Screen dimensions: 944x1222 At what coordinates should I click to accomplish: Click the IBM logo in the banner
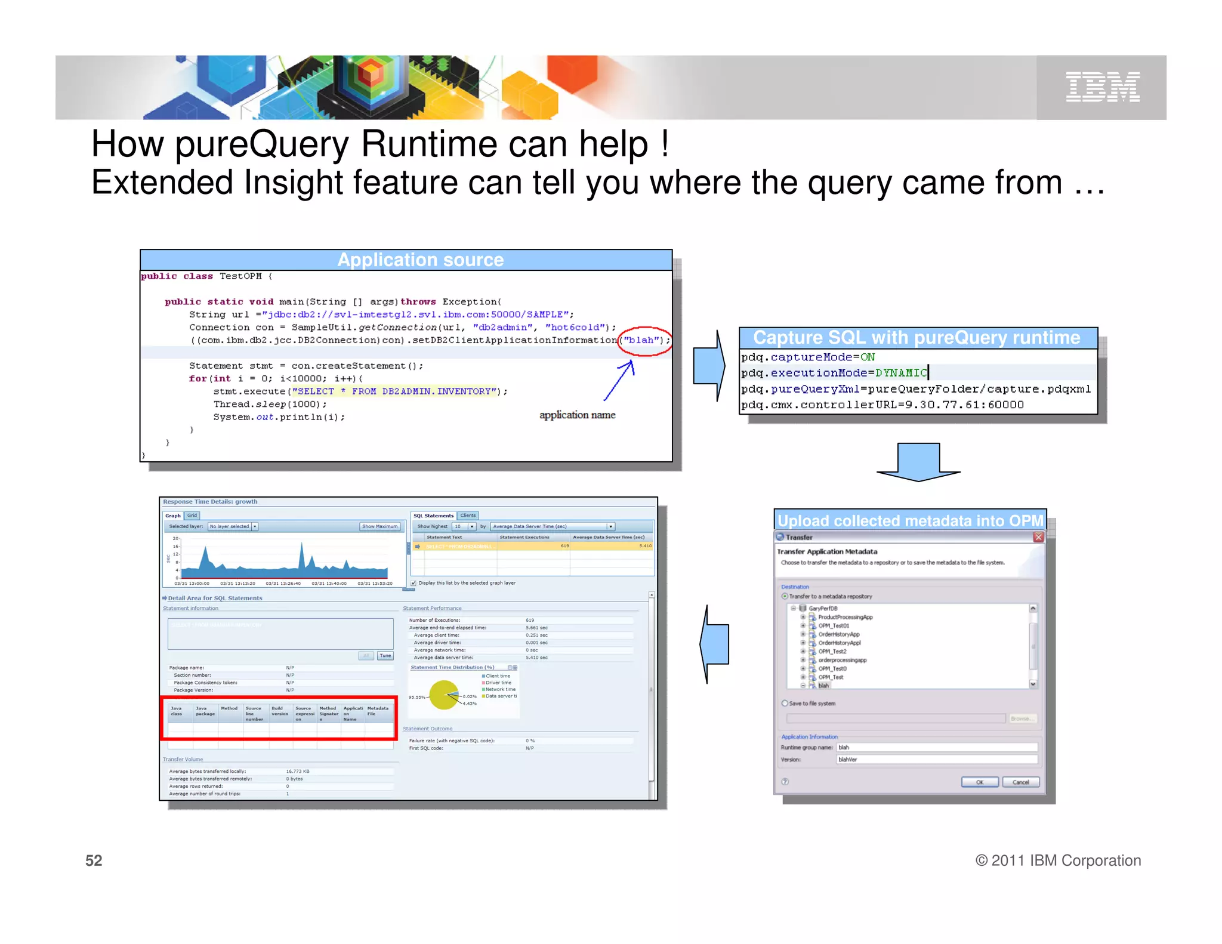1103,87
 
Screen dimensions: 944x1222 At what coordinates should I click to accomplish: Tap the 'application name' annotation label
577,415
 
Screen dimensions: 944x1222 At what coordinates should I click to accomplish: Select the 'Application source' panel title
420,260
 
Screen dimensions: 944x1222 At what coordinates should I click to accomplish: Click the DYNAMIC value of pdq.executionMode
901,373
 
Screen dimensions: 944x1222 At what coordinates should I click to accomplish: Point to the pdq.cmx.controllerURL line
882,405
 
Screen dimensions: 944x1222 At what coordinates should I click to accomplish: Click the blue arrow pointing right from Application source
709,366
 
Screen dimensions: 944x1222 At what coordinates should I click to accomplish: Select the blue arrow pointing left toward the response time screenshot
715,644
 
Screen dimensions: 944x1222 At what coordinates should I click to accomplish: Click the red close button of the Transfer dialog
1038,537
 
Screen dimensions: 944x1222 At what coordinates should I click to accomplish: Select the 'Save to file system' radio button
785,703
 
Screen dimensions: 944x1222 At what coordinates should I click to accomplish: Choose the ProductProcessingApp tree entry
845,617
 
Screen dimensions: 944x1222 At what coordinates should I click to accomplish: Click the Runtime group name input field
936,747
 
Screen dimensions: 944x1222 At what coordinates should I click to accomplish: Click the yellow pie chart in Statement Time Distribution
445,695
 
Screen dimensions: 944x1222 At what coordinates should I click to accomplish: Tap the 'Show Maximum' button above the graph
379,526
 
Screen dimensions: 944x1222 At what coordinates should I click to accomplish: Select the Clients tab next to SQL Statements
468,516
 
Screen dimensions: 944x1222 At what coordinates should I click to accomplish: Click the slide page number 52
94,860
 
